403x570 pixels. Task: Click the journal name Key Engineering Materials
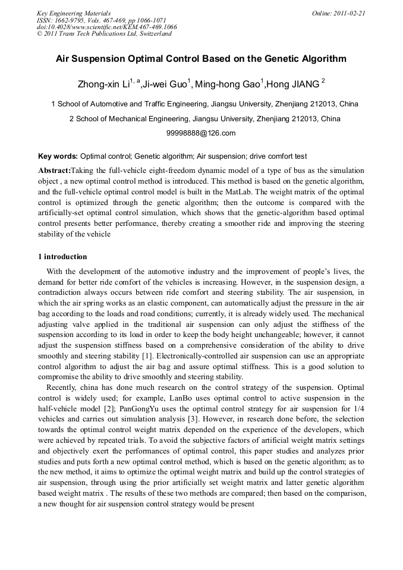74,13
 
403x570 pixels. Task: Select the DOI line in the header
106,27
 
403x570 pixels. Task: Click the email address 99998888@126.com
201,133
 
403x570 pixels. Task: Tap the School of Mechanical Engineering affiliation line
204,118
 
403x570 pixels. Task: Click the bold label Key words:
58,156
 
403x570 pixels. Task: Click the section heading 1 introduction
62,257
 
